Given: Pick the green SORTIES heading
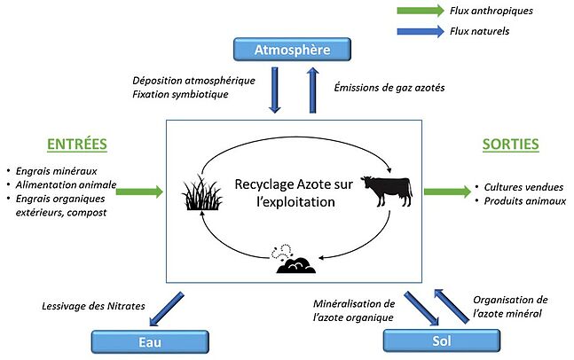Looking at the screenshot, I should [x=509, y=144].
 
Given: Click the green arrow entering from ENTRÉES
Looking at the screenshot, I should [x=139, y=190].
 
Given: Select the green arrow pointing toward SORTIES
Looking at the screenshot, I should [x=447, y=190].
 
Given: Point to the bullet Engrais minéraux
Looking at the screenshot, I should [x=51, y=169].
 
